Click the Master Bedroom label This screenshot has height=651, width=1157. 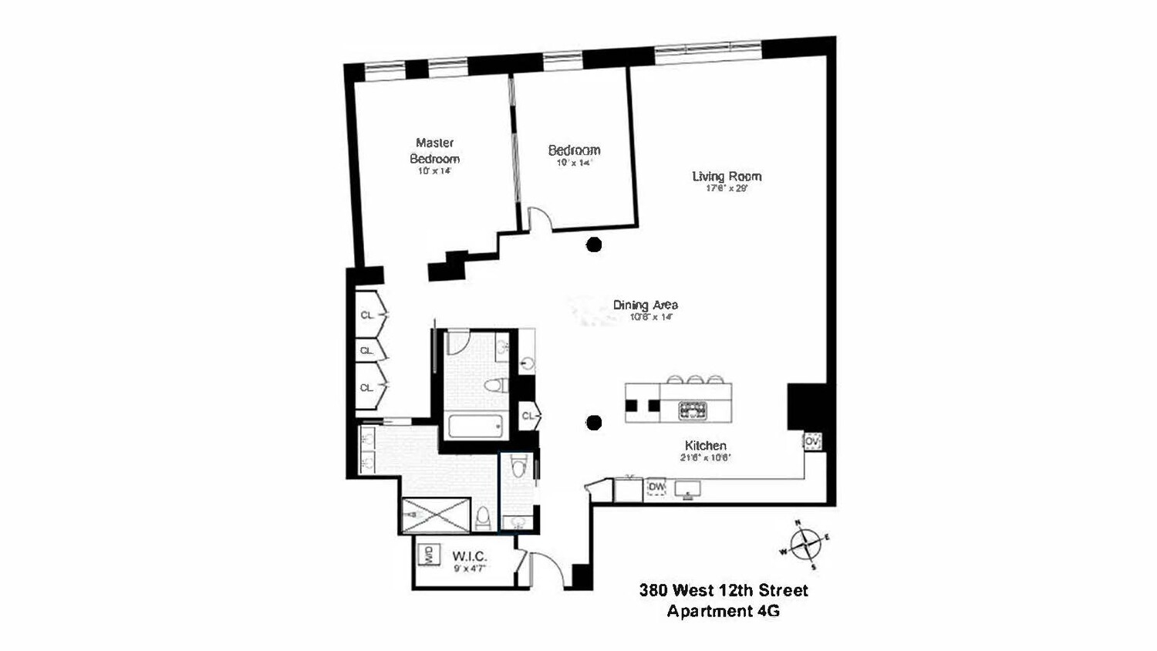pyautogui.click(x=434, y=150)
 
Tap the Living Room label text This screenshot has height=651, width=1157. pyautogui.click(x=727, y=176)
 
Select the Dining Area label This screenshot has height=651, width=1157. pyautogui.click(x=645, y=305)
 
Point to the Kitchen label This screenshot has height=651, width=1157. pyautogui.click(x=705, y=445)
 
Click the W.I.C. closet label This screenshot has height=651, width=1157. pyautogui.click(x=469, y=556)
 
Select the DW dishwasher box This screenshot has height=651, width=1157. pyautogui.click(x=656, y=487)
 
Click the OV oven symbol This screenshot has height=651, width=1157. pyautogui.click(x=811, y=442)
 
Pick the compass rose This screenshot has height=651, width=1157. pyautogui.click(x=805, y=545)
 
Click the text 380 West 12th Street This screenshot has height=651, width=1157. pyautogui.click(x=724, y=591)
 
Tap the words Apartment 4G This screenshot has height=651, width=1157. pyautogui.click(x=724, y=612)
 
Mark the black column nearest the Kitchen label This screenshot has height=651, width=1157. pyautogui.click(x=593, y=422)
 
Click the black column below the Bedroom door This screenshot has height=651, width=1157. pyautogui.click(x=593, y=245)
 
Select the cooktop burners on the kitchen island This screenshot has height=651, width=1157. pyautogui.click(x=693, y=410)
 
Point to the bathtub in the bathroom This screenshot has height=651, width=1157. pyautogui.click(x=475, y=426)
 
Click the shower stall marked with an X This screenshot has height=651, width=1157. pyautogui.click(x=436, y=515)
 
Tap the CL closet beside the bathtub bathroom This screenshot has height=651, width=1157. pyautogui.click(x=528, y=417)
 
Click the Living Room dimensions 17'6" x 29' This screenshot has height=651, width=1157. pyautogui.click(x=727, y=188)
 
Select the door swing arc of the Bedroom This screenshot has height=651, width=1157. pyautogui.click(x=540, y=218)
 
